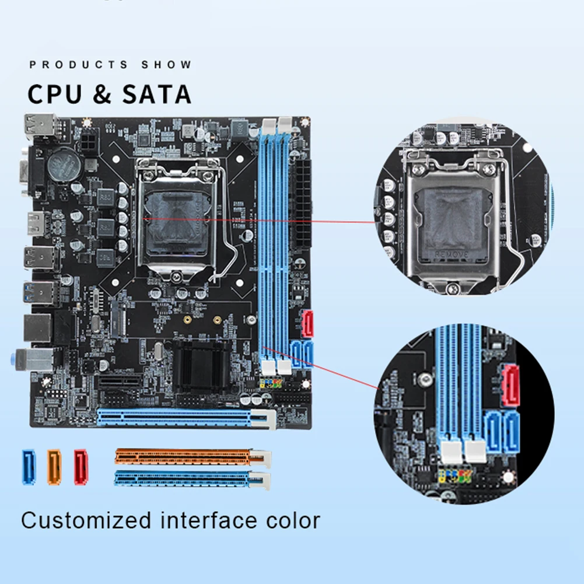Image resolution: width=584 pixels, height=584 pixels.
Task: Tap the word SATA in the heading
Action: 156,95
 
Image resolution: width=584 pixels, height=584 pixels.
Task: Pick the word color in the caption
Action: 290,520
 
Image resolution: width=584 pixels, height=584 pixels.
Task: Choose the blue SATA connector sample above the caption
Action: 29,467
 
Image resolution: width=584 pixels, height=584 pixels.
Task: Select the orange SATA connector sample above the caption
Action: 54,467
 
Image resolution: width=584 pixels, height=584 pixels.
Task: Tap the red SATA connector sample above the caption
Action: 81,467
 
